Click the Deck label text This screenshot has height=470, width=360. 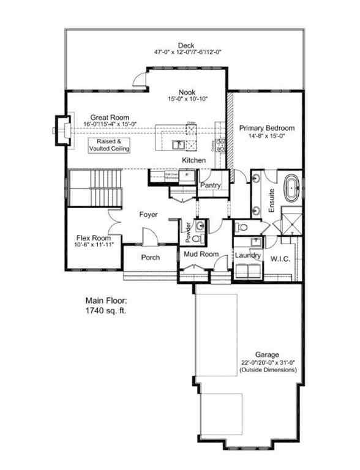coord(186,45)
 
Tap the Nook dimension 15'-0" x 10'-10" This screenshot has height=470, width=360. coord(187,99)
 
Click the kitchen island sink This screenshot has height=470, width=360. coord(178,145)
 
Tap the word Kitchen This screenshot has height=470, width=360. coord(193,160)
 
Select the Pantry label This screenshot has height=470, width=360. coord(210,185)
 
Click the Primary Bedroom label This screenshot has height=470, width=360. coord(267,128)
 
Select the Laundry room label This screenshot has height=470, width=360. coord(248,255)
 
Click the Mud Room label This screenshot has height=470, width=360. coord(197,253)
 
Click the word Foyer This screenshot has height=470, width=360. coord(148,215)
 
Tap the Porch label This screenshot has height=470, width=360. coord(150,257)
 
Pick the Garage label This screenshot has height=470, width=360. coord(268,354)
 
